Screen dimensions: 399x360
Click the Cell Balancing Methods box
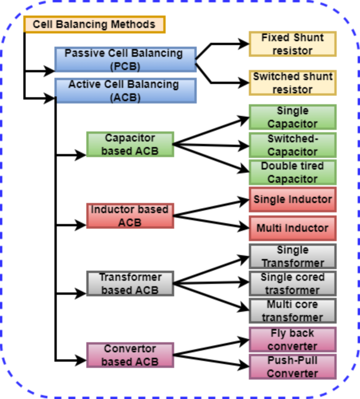pyautogui.click(x=95, y=25)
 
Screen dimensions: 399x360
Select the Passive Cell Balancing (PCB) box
pyautogui.click(x=125, y=59)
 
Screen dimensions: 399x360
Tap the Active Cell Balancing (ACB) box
pyautogui.click(x=125, y=90)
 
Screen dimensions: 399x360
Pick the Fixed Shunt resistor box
pyautogui.click(x=293, y=44)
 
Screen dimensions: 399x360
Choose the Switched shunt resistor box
pyautogui.click(x=293, y=83)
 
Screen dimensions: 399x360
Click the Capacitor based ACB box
pyautogui.click(x=130, y=144)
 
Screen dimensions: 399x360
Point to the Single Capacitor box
pyautogui.click(x=293, y=117)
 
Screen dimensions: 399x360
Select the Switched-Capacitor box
pyautogui.click(x=293, y=145)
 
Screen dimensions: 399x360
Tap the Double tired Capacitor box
pyautogui.click(x=293, y=172)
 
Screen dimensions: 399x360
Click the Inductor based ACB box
pyautogui.click(x=130, y=216)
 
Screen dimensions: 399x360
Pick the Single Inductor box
pyautogui.click(x=293, y=200)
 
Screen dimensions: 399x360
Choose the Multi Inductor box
pyautogui.click(x=293, y=228)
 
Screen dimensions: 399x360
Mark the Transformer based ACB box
pyautogui.click(x=130, y=283)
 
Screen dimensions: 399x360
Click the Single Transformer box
pyautogui.click(x=293, y=257)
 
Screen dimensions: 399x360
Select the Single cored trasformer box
pyautogui.click(x=293, y=283)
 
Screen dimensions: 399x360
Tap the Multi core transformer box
pyautogui.click(x=293, y=311)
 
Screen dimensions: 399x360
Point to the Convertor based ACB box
pyautogui.click(x=130, y=355)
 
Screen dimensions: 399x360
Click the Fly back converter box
pyautogui.click(x=293, y=340)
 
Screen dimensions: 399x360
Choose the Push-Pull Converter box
pyautogui.click(x=293, y=367)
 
